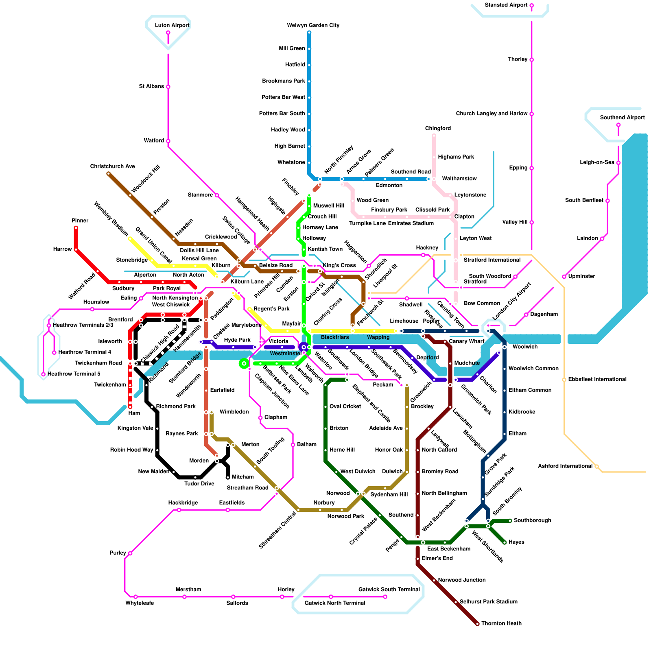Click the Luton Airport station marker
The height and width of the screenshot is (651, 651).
coord(168,33)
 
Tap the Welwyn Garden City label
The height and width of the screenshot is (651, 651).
coord(313,25)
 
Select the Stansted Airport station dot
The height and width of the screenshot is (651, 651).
coord(531,5)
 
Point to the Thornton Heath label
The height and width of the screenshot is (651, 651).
coord(501,623)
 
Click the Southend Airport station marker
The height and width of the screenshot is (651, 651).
coord(618,125)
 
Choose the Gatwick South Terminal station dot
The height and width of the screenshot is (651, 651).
coord(385,597)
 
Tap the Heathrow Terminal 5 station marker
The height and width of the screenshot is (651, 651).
coord(44,374)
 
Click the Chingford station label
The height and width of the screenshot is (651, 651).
coord(438,129)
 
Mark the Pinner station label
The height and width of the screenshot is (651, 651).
coord(80,221)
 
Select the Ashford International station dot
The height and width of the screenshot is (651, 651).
coord(596,467)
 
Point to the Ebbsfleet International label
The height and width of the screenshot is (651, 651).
coord(597,379)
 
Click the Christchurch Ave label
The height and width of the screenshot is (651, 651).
coord(113,166)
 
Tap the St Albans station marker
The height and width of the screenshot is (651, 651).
coord(168,87)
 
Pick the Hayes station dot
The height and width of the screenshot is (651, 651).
coord(505,542)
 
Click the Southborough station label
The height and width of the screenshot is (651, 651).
coord(532,520)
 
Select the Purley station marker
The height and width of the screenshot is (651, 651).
coord(130,553)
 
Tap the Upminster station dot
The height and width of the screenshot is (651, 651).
coord(564,277)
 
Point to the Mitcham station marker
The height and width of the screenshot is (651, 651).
coord(228,477)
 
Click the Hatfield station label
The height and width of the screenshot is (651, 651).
coord(295,65)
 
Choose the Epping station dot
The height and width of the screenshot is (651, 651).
coord(531,168)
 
